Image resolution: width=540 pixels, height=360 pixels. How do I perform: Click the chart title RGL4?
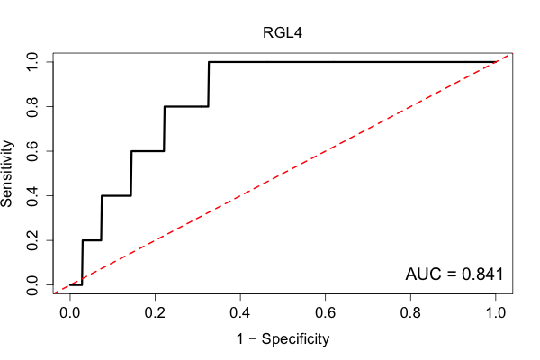[x=283, y=33]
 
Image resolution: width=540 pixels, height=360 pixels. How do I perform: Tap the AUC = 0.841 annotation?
[x=454, y=274]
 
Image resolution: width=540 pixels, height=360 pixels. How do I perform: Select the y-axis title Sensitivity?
[x=7, y=174]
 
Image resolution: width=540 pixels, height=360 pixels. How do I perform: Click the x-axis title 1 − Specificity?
[x=283, y=339]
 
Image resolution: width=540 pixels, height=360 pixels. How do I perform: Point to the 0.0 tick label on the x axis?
[x=70, y=313]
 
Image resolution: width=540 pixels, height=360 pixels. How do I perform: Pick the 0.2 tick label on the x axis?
[x=155, y=313]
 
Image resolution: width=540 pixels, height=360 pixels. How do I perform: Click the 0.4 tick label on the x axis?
[x=240, y=313]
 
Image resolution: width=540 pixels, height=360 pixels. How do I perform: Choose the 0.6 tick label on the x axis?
[x=325, y=313]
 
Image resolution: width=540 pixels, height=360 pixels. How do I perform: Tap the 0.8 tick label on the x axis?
[x=410, y=313]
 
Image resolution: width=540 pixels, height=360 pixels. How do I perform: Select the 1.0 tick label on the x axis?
[x=496, y=313]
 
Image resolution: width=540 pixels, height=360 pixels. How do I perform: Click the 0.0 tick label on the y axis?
[x=32, y=285]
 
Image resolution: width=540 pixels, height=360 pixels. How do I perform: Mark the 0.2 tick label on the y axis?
[x=32, y=240]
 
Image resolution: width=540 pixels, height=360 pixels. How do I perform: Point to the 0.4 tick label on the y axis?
[x=32, y=195]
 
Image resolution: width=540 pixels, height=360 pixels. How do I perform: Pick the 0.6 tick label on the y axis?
[x=32, y=151]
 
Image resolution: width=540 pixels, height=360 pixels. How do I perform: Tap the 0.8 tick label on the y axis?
[x=32, y=107]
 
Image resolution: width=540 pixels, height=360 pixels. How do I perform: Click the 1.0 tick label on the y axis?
[x=32, y=62]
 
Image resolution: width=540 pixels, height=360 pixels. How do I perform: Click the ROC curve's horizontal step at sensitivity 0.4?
[x=116, y=195]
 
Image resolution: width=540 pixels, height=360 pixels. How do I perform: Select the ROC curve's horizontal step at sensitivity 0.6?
[x=148, y=151]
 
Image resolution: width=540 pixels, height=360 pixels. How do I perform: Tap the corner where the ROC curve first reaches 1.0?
[x=209, y=62]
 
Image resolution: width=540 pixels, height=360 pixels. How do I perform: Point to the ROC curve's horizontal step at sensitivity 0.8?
[x=186, y=107]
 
